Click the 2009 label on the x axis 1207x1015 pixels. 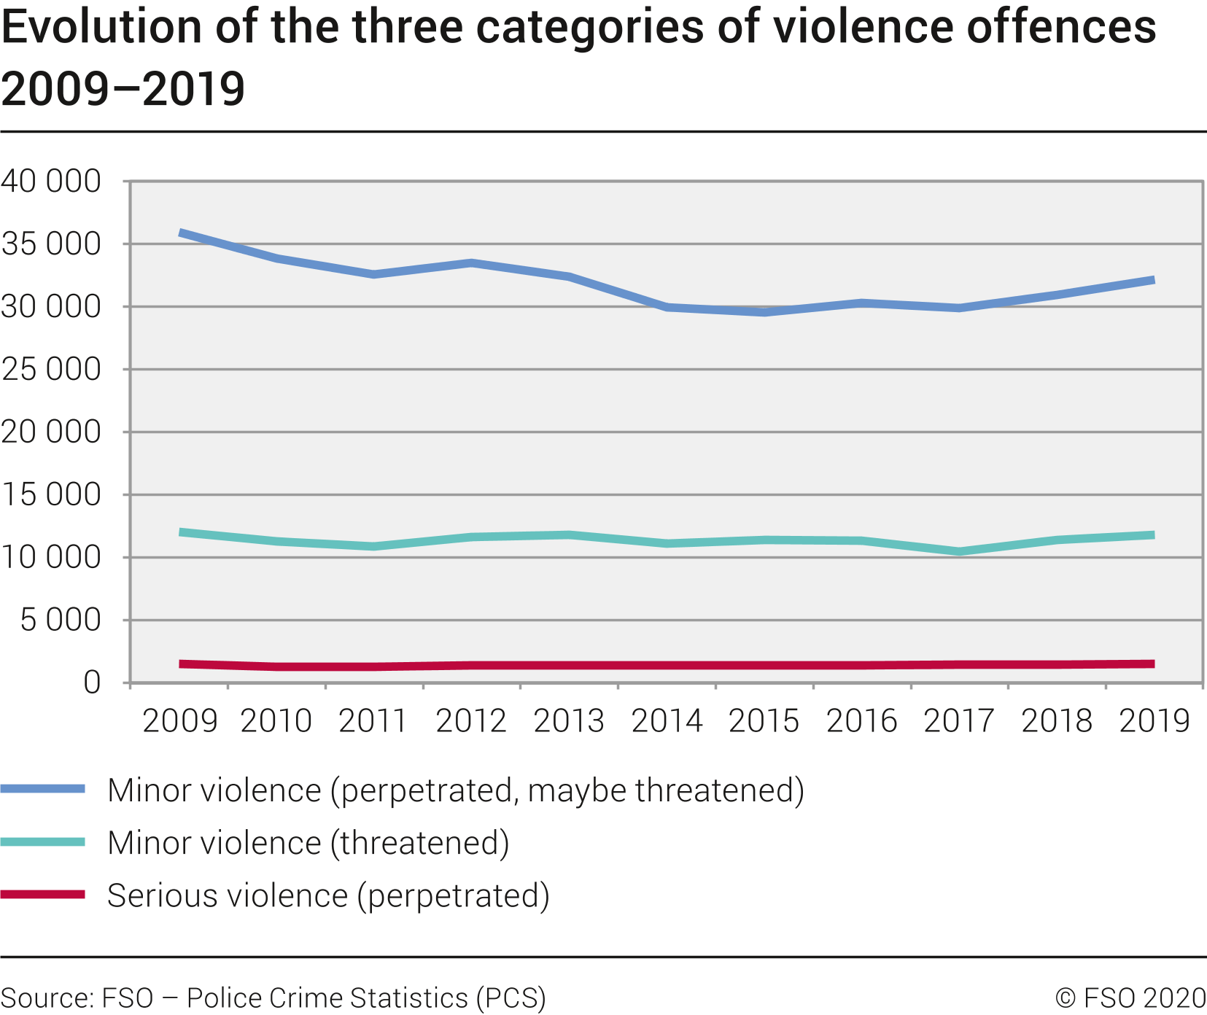click(x=180, y=721)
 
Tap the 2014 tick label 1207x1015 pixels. click(x=667, y=721)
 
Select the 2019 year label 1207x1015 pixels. click(x=1154, y=721)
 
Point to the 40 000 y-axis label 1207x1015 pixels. click(x=51, y=181)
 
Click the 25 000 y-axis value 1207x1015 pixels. click(x=51, y=370)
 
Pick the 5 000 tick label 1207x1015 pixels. click(x=61, y=621)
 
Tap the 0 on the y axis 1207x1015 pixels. click(x=92, y=683)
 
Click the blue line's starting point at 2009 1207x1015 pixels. click(x=180, y=233)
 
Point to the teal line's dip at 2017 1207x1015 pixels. click(x=960, y=551)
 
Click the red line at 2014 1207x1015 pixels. click(x=667, y=665)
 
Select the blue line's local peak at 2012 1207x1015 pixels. click(x=472, y=262)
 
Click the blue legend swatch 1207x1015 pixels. click(x=42, y=789)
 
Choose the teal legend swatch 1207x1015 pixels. click(x=42, y=842)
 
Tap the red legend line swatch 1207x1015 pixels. click(x=42, y=895)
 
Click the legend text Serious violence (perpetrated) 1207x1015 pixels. click(x=328, y=895)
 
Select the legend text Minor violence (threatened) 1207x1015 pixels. click(x=308, y=843)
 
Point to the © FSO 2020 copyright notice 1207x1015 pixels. click(x=1130, y=997)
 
